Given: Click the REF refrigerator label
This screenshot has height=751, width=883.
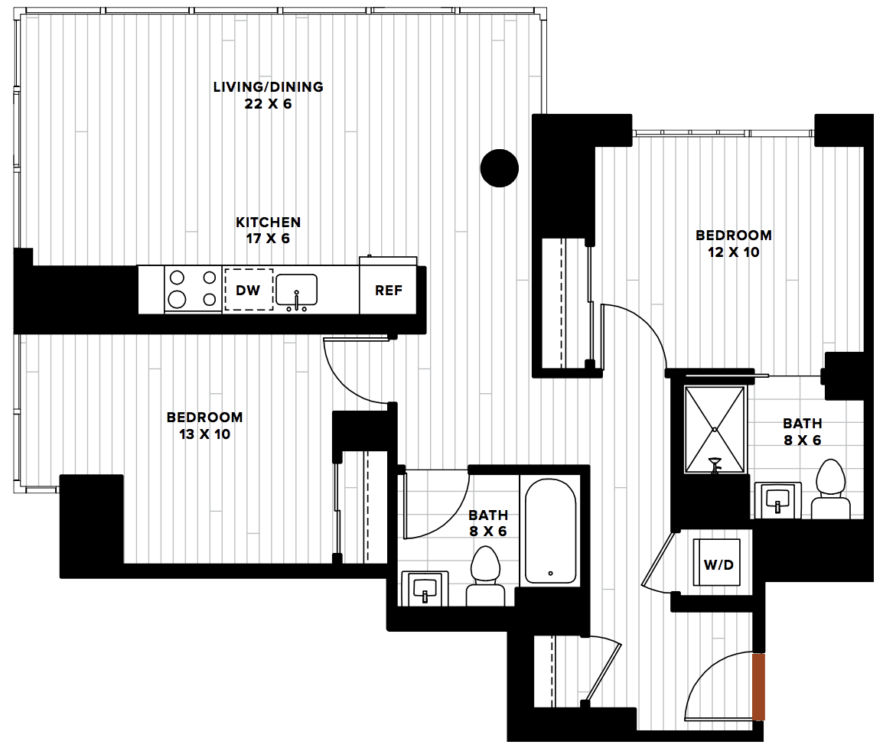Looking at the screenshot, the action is coord(389,291).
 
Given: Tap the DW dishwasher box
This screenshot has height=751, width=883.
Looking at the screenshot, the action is coord(249,290).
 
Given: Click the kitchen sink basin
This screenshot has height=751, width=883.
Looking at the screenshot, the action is coord(296,289).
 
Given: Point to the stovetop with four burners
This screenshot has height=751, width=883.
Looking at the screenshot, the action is coord(193,289).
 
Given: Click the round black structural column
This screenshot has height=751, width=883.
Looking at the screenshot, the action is coord(500,167).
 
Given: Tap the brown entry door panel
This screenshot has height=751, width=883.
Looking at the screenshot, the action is coord(758,687).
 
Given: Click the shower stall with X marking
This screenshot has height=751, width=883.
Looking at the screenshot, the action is coord(715,430).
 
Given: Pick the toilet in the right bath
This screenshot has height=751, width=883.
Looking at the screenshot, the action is coord(831,489).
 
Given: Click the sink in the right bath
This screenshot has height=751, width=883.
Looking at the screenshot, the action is coord(777,500).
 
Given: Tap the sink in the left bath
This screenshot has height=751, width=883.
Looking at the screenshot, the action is coord(425,589).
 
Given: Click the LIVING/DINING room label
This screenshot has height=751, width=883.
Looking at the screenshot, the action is coord(268,86).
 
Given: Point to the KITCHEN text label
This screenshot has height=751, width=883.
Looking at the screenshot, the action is coord(268,223).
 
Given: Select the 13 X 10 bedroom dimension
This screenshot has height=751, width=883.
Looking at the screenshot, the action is coord(204,434).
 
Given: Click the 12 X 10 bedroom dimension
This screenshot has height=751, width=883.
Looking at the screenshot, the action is coord(733,252).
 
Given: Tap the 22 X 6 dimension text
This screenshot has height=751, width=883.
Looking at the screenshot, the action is coord(268,103).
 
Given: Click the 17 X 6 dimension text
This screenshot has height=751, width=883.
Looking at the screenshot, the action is coord(268,239).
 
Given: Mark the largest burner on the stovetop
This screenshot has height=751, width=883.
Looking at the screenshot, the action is coord(177,300).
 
